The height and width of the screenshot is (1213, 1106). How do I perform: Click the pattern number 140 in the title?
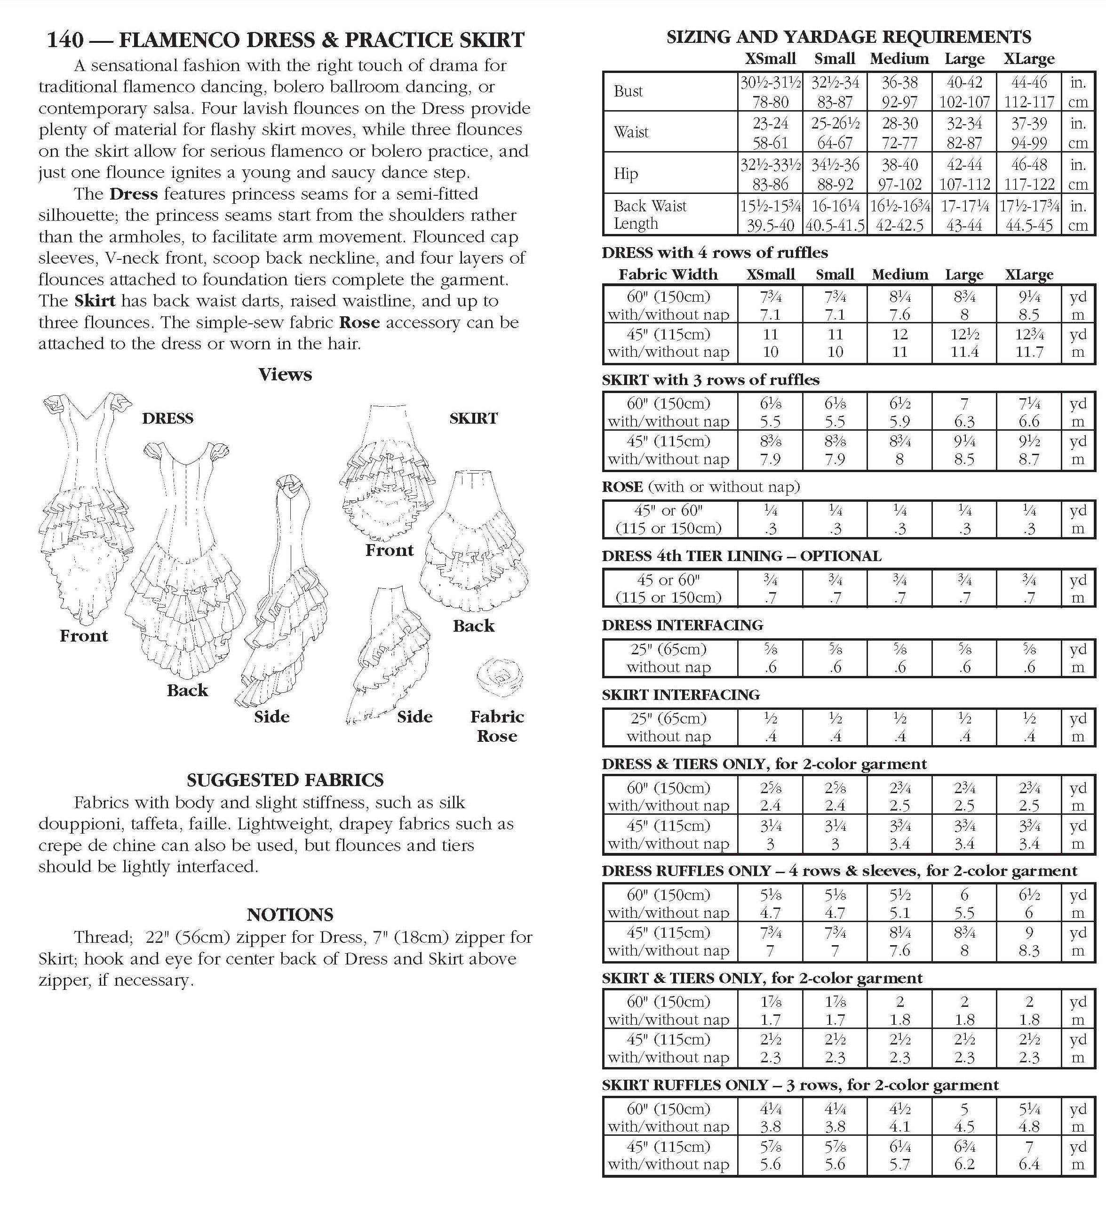(x=65, y=40)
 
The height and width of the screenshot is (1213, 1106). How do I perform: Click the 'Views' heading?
(x=285, y=374)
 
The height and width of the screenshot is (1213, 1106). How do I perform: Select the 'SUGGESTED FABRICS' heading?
(x=285, y=780)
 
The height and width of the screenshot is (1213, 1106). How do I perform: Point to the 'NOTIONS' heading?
(x=289, y=915)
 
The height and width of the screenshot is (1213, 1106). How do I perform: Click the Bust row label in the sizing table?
(x=629, y=91)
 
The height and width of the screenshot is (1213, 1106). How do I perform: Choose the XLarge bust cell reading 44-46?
(x=1029, y=82)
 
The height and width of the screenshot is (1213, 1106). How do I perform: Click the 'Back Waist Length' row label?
(x=650, y=215)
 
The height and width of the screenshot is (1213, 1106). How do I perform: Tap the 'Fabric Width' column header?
(x=668, y=275)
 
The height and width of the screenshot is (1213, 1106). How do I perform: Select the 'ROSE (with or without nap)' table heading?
(x=700, y=487)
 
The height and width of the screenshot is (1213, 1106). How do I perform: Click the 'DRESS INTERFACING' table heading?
(x=682, y=625)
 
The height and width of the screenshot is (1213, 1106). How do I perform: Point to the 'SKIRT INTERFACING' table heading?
(x=681, y=695)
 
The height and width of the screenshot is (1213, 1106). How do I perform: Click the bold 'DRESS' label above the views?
(x=168, y=418)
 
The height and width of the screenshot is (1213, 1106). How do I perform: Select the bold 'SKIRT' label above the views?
(x=473, y=418)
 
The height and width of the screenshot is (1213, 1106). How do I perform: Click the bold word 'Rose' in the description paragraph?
(x=359, y=322)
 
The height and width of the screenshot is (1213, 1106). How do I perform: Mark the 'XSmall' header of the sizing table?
(x=771, y=59)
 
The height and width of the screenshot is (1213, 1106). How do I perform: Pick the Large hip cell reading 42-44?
(x=964, y=165)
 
